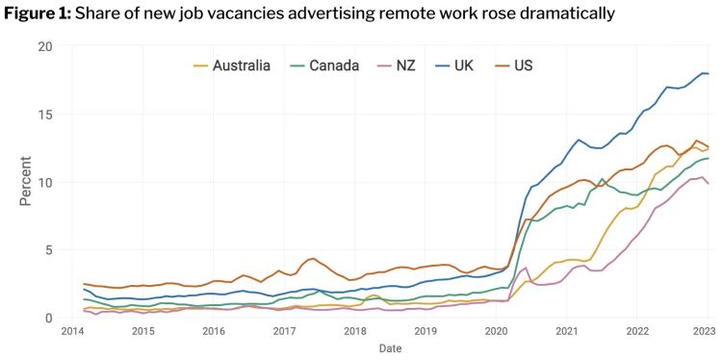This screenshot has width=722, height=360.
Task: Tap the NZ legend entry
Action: click(x=403, y=65)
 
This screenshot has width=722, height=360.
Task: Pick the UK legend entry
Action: click(x=464, y=65)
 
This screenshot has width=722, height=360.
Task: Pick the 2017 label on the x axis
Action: click(x=284, y=331)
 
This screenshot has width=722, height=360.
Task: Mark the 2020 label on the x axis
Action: click(x=496, y=331)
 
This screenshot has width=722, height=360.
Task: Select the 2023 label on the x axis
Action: click(x=705, y=331)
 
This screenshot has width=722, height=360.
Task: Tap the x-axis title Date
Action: click(x=390, y=348)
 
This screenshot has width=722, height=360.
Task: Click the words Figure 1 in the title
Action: click(x=35, y=13)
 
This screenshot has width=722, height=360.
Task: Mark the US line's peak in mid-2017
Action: click(x=311, y=258)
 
